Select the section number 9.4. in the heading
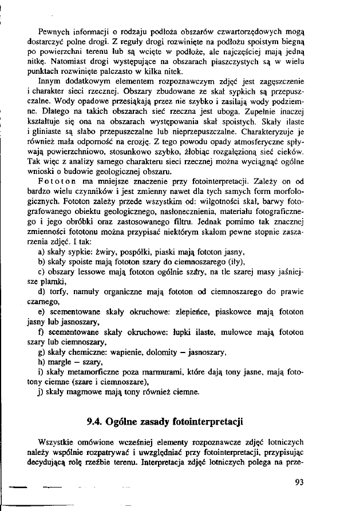point(95,422)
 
